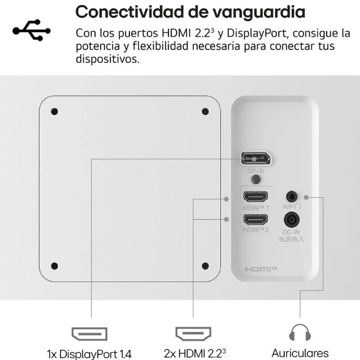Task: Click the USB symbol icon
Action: pos(31,30)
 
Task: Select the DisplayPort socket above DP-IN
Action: pos(256,158)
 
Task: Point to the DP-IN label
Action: pos(256,171)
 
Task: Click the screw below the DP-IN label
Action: pos(256,179)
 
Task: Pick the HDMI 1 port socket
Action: pos(256,197)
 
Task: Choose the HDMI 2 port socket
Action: pos(256,220)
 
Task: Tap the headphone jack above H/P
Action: pos(292,197)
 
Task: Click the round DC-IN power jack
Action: pos(292,220)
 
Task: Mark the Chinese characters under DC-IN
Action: pos(292,239)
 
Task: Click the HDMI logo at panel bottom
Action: pos(261,269)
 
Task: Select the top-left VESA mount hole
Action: pos(54,112)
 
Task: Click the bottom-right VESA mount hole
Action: pos(205,266)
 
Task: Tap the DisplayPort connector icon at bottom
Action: pos(89,334)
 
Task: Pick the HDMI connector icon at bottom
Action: pos(193,333)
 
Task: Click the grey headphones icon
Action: pos(300,333)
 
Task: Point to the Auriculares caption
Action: pos(300,353)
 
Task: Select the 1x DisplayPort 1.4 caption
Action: pos(89,354)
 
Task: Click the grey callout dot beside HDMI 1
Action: pos(226,199)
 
